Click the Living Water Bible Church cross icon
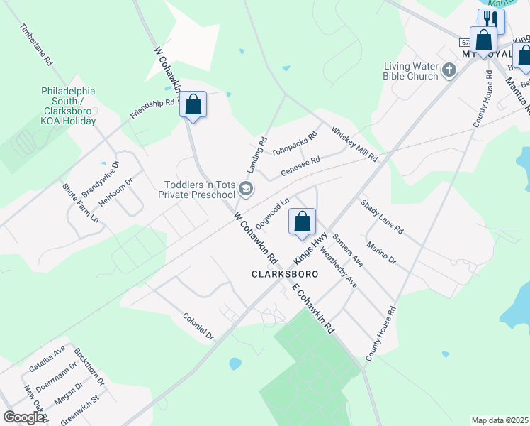click(449, 70)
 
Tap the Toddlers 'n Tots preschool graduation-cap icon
click(246, 188)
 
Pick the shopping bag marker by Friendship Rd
click(193, 104)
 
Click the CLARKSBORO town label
click(284, 273)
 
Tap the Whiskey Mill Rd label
click(354, 143)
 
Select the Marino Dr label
click(381, 253)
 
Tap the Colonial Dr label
click(198, 327)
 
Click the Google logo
click(24, 417)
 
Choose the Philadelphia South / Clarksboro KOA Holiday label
click(68, 106)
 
